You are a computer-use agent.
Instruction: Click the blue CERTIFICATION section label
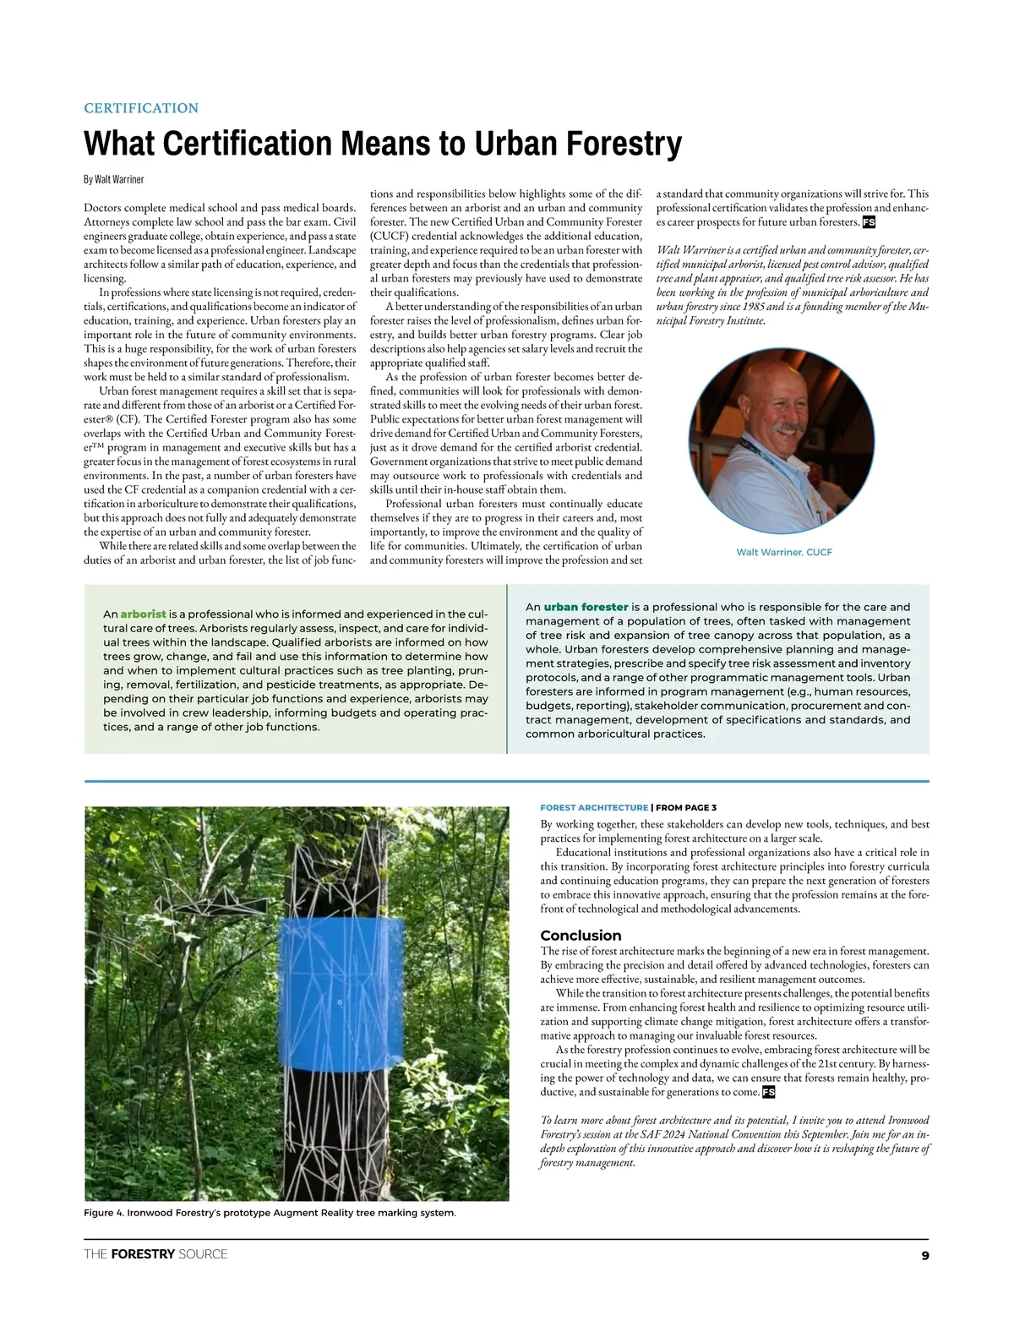tap(141, 108)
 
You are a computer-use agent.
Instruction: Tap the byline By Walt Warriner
tap(113, 180)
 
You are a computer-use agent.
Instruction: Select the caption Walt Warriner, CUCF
tap(784, 552)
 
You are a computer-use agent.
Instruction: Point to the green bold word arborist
tap(143, 614)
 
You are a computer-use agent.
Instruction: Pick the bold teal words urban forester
tap(586, 607)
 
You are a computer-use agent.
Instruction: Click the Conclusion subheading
tap(581, 936)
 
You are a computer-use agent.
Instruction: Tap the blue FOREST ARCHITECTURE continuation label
tap(594, 808)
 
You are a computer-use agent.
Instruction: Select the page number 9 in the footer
tap(924, 1255)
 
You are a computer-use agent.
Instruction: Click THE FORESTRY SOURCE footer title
tap(155, 1254)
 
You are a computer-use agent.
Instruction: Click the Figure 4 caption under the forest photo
tap(270, 1213)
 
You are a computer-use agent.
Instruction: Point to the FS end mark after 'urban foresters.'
tap(869, 222)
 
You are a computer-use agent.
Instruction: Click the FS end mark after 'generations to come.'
tap(768, 1093)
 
